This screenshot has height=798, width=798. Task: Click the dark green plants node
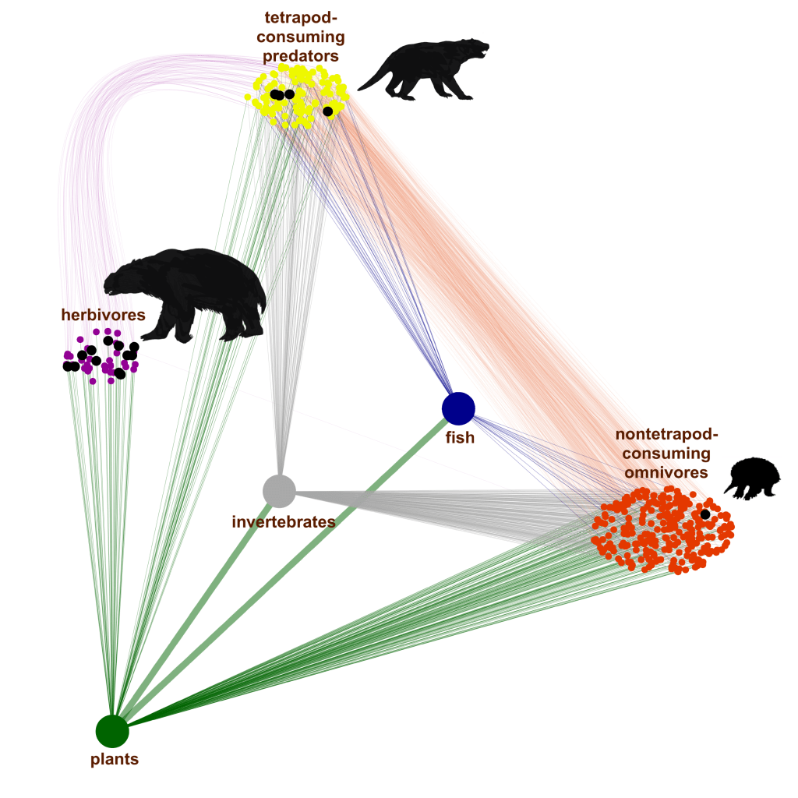point(112,730)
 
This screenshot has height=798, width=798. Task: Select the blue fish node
point(458,408)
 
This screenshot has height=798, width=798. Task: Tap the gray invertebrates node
point(279,490)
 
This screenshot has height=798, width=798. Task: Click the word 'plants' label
point(115,758)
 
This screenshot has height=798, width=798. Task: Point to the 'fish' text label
point(459,438)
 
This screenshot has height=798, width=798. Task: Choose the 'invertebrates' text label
point(284,521)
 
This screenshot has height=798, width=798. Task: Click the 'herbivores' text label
point(103,315)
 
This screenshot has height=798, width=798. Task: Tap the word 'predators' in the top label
point(301,56)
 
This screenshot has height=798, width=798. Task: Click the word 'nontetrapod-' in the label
point(666,434)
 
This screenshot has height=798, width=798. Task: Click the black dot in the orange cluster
point(705,514)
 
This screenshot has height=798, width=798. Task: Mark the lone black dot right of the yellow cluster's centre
point(328,111)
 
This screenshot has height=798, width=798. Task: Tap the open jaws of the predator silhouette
point(481,51)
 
